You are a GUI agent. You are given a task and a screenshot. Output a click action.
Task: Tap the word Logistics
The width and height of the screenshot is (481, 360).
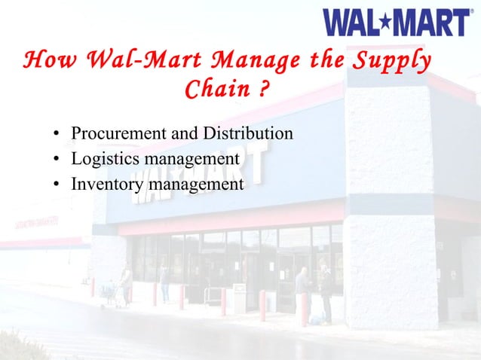point(103,160)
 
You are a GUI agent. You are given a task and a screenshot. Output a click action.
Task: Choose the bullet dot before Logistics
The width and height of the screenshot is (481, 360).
point(57,160)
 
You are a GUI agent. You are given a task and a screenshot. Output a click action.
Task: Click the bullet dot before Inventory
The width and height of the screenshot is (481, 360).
point(57,185)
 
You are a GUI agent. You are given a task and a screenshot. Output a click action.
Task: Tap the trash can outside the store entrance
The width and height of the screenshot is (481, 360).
point(239,297)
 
